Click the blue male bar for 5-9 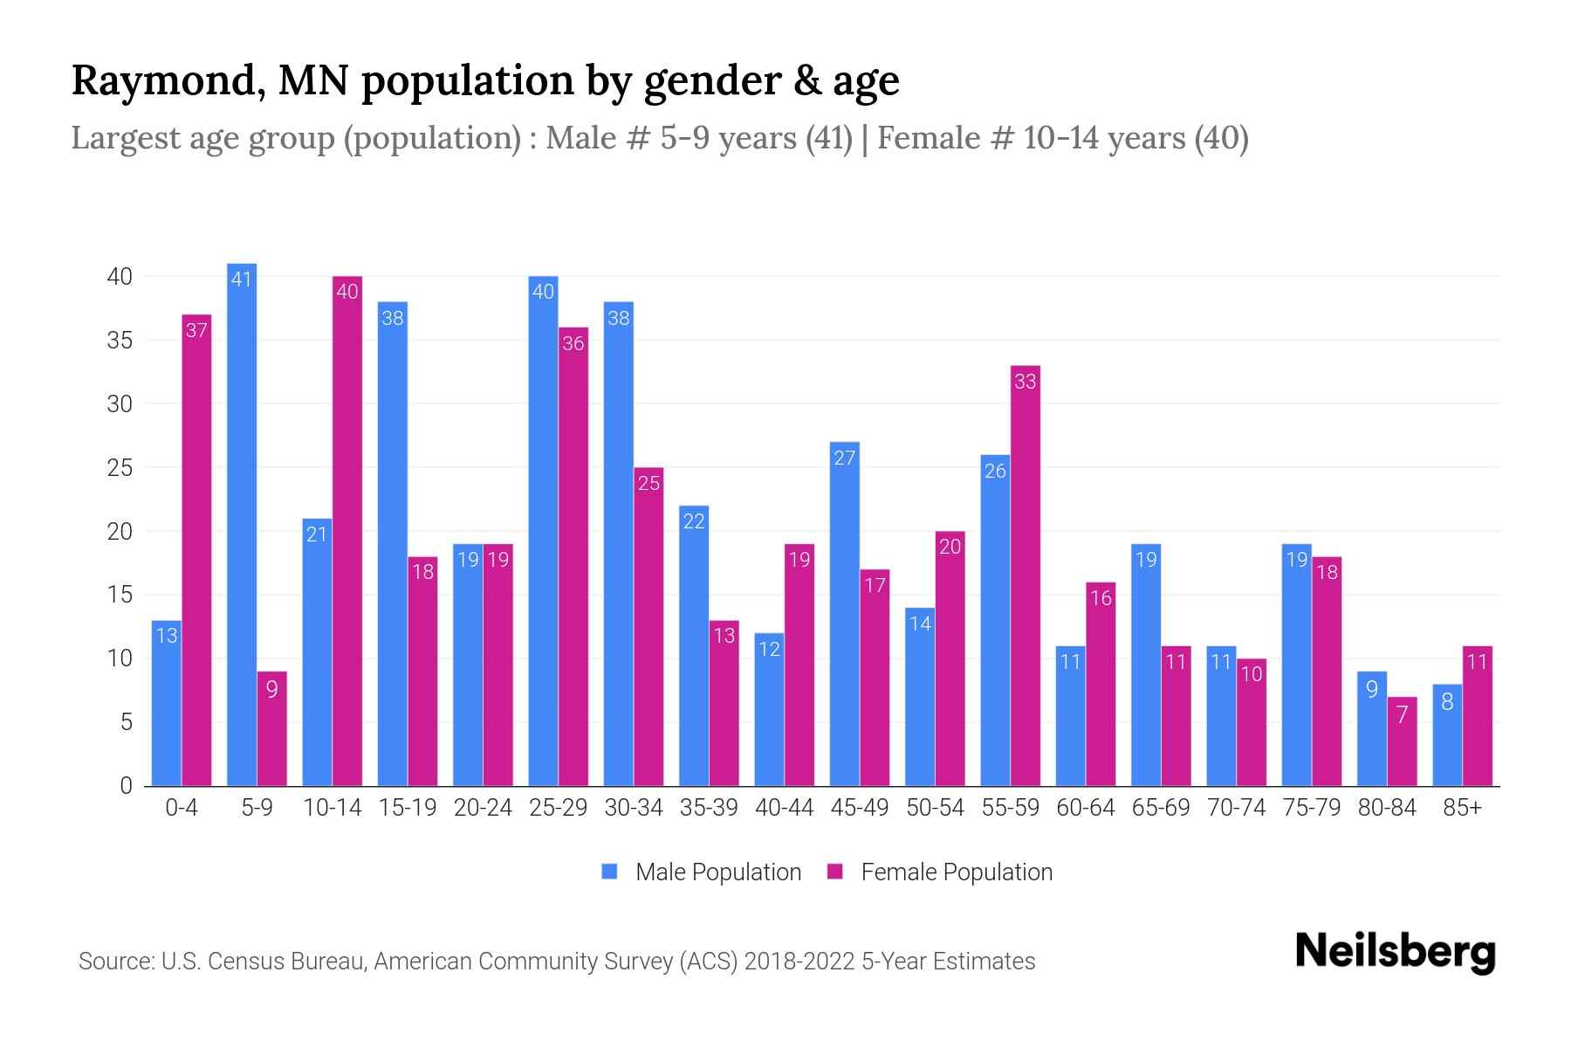(x=242, y=524)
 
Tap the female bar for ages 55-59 (x=1026, y=576)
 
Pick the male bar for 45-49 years (x=844, y=614)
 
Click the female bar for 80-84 (x=1402, y=742)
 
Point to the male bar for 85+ (x=1447, y=735)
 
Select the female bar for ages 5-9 (x=272, y=729)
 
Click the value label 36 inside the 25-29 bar (x=573, y=343)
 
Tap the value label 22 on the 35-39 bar (x=694, y=521)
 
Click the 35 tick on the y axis (x=120, y=341)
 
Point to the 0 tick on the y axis (x=127, y=786)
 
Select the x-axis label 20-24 (x=483, y=808)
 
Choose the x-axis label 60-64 (x=1086, y=808)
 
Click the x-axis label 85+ (x=1462, y=808)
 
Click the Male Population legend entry (x=717, y=872)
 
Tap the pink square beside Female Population (x=835, y=872)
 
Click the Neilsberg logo (x=1395, y=952)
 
